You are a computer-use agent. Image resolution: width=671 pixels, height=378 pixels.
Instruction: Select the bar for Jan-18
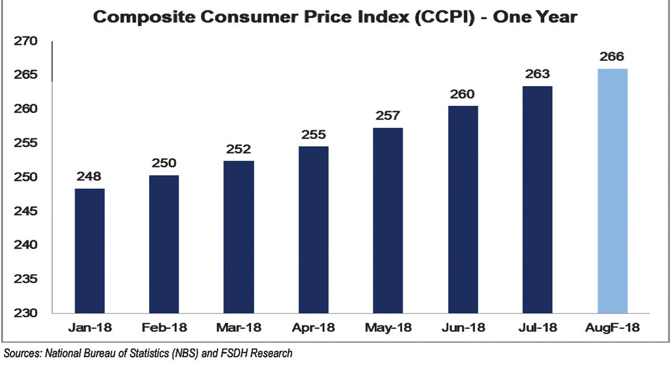[90, 251]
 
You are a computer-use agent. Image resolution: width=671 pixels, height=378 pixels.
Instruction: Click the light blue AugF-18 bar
[612, 191]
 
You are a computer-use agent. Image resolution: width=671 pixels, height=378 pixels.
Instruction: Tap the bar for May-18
[388, 220]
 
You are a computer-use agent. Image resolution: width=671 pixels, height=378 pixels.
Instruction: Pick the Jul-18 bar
[537, 199]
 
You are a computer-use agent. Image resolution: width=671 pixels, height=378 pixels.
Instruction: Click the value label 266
[612, 57]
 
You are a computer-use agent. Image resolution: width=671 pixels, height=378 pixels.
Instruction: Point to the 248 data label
[89, 176]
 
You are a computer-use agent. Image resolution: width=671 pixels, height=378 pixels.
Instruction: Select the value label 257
[388, 115]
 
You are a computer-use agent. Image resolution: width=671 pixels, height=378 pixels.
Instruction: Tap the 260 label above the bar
[462, 94]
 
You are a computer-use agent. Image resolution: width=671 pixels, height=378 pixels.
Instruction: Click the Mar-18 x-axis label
[239, 328]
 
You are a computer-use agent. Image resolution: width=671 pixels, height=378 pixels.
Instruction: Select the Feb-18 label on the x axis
[164, 328]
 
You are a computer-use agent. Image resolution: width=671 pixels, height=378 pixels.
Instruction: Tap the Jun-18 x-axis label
[463, 328]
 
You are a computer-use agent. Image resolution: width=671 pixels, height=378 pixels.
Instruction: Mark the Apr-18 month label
[313, 328]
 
